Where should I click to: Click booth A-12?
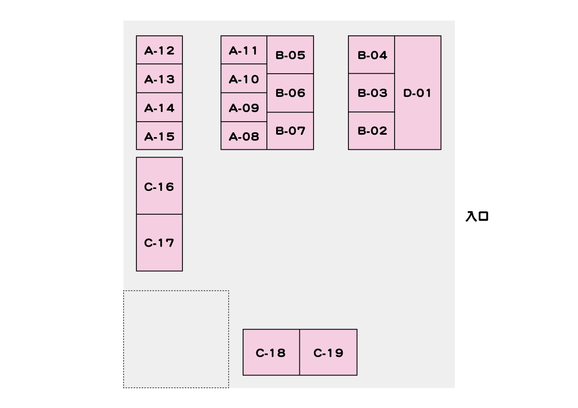[159, 50]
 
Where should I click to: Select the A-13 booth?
[159, 78]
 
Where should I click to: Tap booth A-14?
[159, 108]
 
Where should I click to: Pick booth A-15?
[159, 136]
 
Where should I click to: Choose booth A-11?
[244, 50]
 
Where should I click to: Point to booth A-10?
[244, 78]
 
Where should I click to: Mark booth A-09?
[244, 108]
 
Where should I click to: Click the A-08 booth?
[244, 136]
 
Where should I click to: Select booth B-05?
[290, 55]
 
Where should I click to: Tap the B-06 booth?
[290, 93]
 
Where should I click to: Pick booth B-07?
[290, 131]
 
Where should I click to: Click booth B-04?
[372, 55]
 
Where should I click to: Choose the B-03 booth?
[372, 93]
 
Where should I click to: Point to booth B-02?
[372, 131]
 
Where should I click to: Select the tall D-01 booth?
[418, 93]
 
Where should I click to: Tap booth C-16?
[159, 186]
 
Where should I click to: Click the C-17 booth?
[159, 243]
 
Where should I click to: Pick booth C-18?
[271, 352]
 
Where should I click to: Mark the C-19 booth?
[329, 352]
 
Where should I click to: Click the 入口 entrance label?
[477, 216]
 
